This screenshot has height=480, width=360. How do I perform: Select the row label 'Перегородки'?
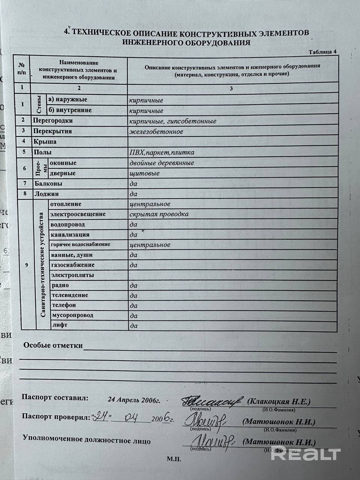pyautogui.click(x=53, y=121)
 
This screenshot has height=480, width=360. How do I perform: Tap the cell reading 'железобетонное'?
pyautogui.click(x=156, y=132)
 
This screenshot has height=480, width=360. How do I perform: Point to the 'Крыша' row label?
pyautogui.click(x=45, y=142)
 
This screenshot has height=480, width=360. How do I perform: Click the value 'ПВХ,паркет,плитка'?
pyautogui.click(x=162, y=153)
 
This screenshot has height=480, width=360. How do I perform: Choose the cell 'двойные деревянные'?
pyautogui.click(x=161, y=163)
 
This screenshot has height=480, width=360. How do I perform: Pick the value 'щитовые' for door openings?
pyautogui.click(x=144, y=174)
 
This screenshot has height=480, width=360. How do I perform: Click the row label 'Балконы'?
pyautogui.click(x=48, y=184)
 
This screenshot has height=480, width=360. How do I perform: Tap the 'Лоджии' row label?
pyautogui.click(x=46, y=194)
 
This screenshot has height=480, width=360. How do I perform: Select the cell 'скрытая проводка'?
pyautogui.click(x=159, y=214)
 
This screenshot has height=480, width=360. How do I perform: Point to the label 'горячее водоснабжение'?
pyautogui.click(x=81, y=244)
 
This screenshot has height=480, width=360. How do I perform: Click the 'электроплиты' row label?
pyautogui.click(x=72, y=275)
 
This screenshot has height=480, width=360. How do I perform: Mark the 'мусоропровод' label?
pyautogui.click(x=72, y=315)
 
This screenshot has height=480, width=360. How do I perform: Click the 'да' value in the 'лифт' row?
pyautogui.click(x=133, y=326)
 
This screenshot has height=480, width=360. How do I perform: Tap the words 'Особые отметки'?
pyautogui.click(x=53, y=345)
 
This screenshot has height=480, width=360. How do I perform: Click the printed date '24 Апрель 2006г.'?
pyautogui.click(x=134, y=400)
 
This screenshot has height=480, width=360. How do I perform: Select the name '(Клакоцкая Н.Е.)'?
pyautogui.click(x=279, y=402)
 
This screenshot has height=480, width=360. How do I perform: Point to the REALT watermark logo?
pyautogui.click(x=306, y=454)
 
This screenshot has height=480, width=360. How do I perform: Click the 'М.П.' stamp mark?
pyautogui.click(x=174, y=459)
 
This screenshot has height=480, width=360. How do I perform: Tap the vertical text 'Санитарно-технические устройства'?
pyautogui.click(x=42, y=265)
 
